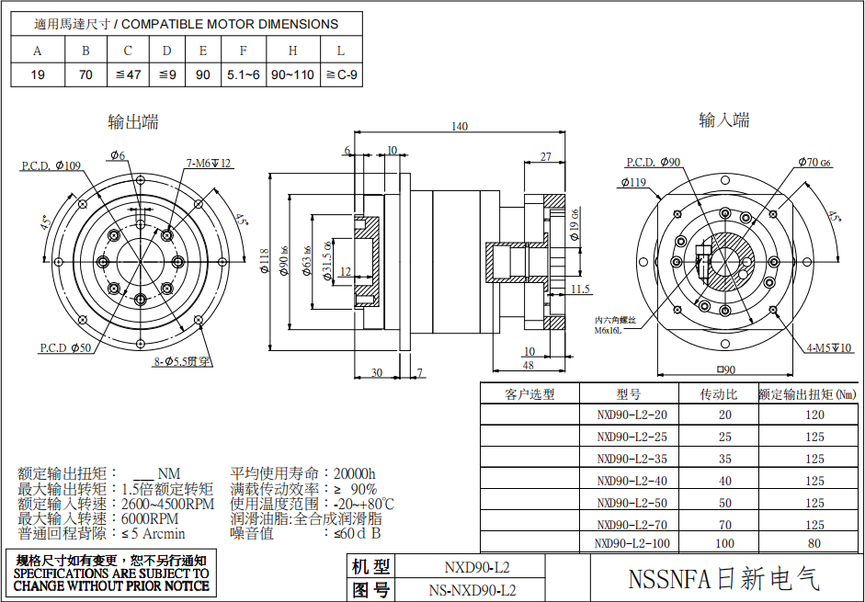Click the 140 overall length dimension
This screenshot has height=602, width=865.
pyautogui.click(x=460, y=127)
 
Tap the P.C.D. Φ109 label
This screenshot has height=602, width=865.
pyautogui.click(x=51, y=166)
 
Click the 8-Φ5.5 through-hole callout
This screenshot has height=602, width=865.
pyautogui.click(x=183, y=362)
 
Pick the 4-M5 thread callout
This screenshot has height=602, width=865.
pyautogui.click(x=828, y=347)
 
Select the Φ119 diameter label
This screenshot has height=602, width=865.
pyautogui.click(x=633, y=182)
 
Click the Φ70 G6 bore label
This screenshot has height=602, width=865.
pyautogui.click(x=814, y=163)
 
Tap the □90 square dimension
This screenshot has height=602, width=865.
pyautogui.click(x=726, y=370)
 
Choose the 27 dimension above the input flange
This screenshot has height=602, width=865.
pyautogui.click(x=545, y=157)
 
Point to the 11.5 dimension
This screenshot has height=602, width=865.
pyautogui.click(x=580, y=290)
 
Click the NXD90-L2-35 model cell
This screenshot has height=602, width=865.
pyautogui.click(x=632, y=459)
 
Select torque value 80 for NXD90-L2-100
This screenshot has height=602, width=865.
pyautogui.click(x=814, y=543)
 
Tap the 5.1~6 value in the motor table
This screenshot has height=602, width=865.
pyautogui.click(x=244, y=74)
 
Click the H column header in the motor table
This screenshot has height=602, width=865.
pyautogui.click(x=292, y=51)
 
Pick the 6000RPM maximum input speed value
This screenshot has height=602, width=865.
pyautogui.click(x=153, y=518)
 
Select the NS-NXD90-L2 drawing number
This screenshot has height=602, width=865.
pyautogui.click(x=472, y=590)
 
